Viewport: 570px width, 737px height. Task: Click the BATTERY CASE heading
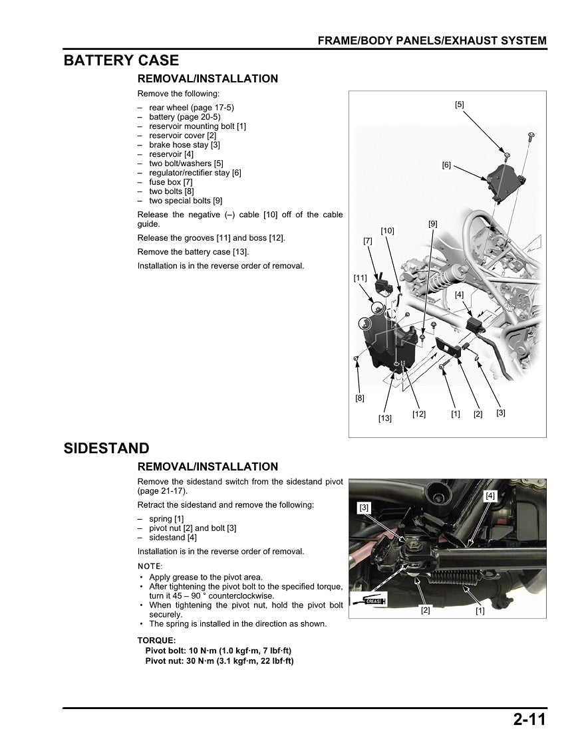click(121, 60)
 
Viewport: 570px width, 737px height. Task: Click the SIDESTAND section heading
click(106, 449)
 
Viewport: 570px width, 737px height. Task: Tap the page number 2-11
click(529, 720)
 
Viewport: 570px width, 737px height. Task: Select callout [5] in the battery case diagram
click(460, 104)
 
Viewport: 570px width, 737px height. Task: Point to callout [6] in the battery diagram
click(446, 165)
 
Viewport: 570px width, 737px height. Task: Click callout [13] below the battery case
click(385, 418)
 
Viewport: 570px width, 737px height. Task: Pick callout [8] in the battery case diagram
click(359, 399)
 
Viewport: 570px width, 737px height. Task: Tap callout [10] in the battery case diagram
click(387, 231)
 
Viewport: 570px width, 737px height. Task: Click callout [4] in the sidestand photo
click(490, 496)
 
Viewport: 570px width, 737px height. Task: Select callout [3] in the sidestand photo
click(364, 508)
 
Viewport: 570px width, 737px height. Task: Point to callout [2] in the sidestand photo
click(425, 610)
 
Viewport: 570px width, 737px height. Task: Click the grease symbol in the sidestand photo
click(368, 601)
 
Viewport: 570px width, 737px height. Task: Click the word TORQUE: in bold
click(157, 641)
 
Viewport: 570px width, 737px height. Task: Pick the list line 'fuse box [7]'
click(170, 182)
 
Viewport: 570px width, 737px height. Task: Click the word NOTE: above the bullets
click(150, 566)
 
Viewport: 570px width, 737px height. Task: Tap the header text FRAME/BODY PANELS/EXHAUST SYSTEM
click(432, 41)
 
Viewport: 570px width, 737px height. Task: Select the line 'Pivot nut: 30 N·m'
click(219, 661)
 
